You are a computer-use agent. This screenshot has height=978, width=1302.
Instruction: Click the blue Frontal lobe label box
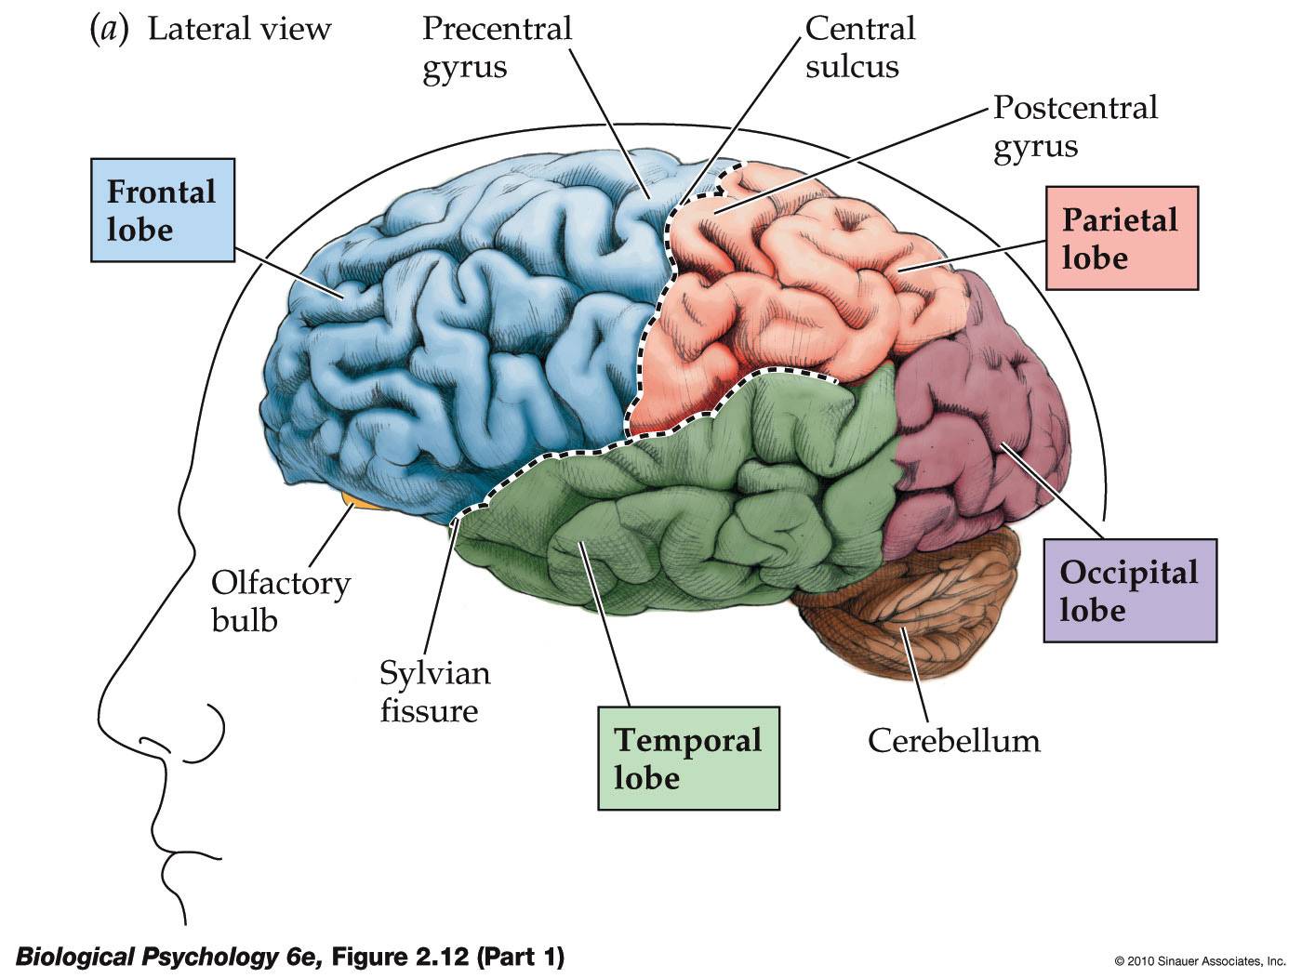point(162,211)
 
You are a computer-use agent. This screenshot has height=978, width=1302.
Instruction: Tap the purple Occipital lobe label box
point(1129,590)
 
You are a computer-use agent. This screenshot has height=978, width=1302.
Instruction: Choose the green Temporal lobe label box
point(687,758)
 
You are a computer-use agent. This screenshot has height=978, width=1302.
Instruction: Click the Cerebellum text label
point(953,741)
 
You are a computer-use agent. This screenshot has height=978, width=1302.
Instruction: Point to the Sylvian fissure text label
point(433,692)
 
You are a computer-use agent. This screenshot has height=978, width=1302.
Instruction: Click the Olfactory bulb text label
point(280,601)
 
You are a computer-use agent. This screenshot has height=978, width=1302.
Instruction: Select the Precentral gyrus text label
point(497,47)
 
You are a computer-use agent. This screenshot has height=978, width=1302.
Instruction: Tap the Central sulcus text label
point(859,47)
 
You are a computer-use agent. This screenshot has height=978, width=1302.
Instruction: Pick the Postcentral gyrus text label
point(1074,126)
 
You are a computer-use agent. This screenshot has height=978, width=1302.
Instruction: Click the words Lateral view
point(239,29)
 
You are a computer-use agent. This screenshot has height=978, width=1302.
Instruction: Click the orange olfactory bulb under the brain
point(357,504)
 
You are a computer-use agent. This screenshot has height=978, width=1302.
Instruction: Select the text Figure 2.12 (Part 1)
point(447,956)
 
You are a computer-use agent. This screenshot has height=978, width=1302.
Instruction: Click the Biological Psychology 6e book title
point(168,956)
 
